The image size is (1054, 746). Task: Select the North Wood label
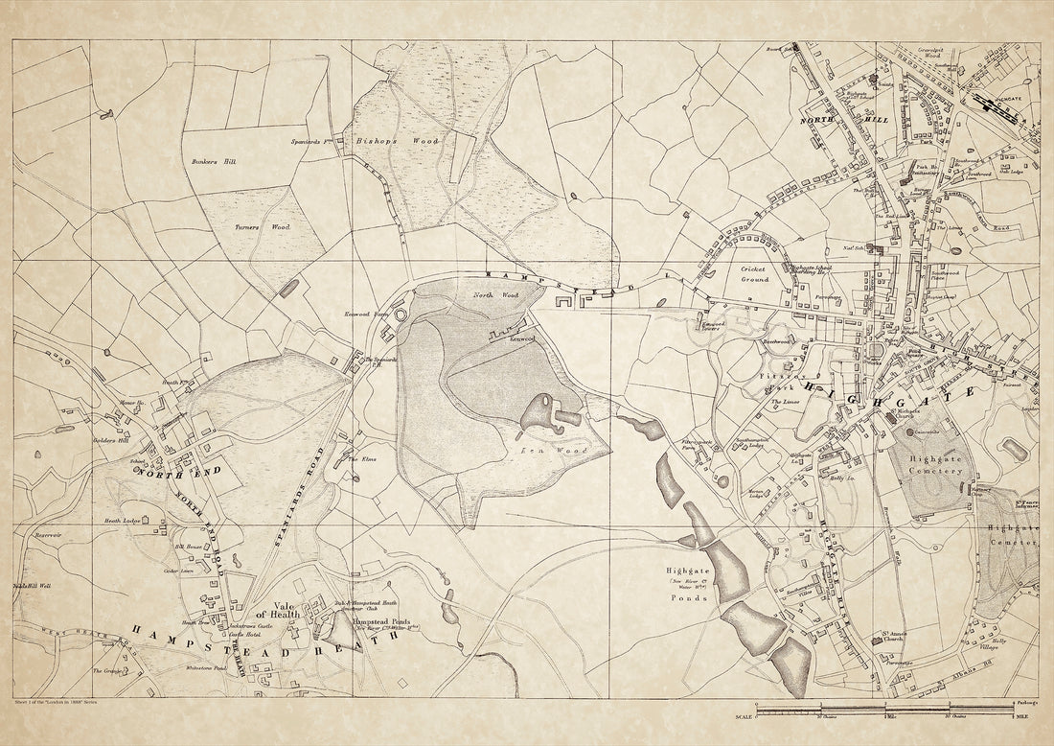click(495, 295)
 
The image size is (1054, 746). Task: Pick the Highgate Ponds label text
click(688, 584)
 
